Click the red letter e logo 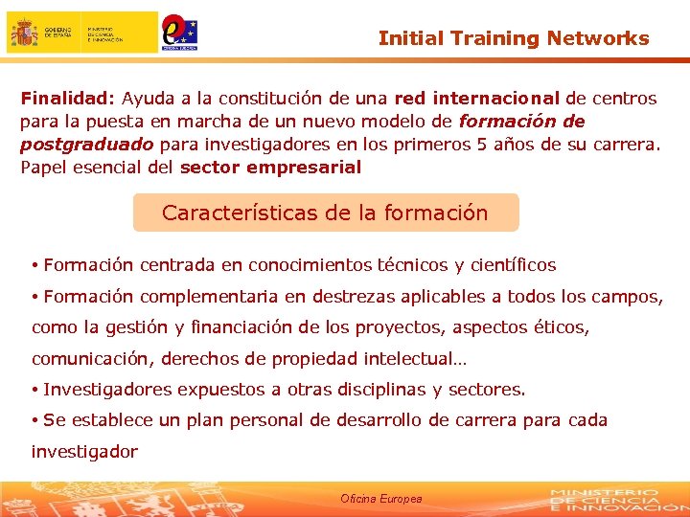tap(175, 29)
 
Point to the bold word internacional tap(496, 98)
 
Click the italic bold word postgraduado tap(87, 144)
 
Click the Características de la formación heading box tap(325, 213)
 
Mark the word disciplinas tap(378, 390)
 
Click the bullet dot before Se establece tap(34, 421)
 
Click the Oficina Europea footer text tap(380, 499)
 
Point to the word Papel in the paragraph tap(42, 168)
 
